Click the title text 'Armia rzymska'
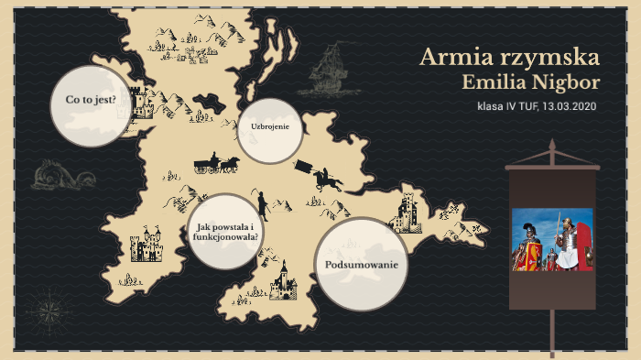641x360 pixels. pos(509,58)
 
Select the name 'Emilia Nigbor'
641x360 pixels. pos(532,83)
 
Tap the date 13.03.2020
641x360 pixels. pos(569,107)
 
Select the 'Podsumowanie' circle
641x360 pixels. pos(362,265)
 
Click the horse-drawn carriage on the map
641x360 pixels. pos(216,164)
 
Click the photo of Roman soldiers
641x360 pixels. pos(552,240)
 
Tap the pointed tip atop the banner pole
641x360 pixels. pos(552,147)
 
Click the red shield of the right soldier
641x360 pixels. pos(569,256)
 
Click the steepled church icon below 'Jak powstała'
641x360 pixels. pos(283,279)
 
